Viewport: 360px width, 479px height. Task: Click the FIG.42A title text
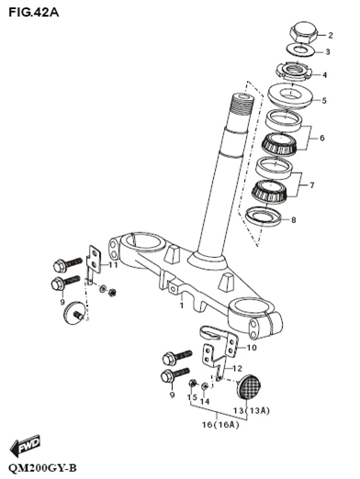34,12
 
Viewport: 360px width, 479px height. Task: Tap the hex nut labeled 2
304,31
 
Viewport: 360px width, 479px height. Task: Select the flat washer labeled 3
300,50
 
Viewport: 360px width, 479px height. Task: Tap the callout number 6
321,139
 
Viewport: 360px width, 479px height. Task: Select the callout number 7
312,185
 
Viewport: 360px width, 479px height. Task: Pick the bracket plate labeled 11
95,262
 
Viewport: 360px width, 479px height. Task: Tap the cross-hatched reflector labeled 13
249,387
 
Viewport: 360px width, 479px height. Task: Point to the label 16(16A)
220,425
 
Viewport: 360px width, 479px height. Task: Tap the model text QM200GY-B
42,468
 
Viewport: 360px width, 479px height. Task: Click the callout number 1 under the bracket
181,306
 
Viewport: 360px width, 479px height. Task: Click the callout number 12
237,369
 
